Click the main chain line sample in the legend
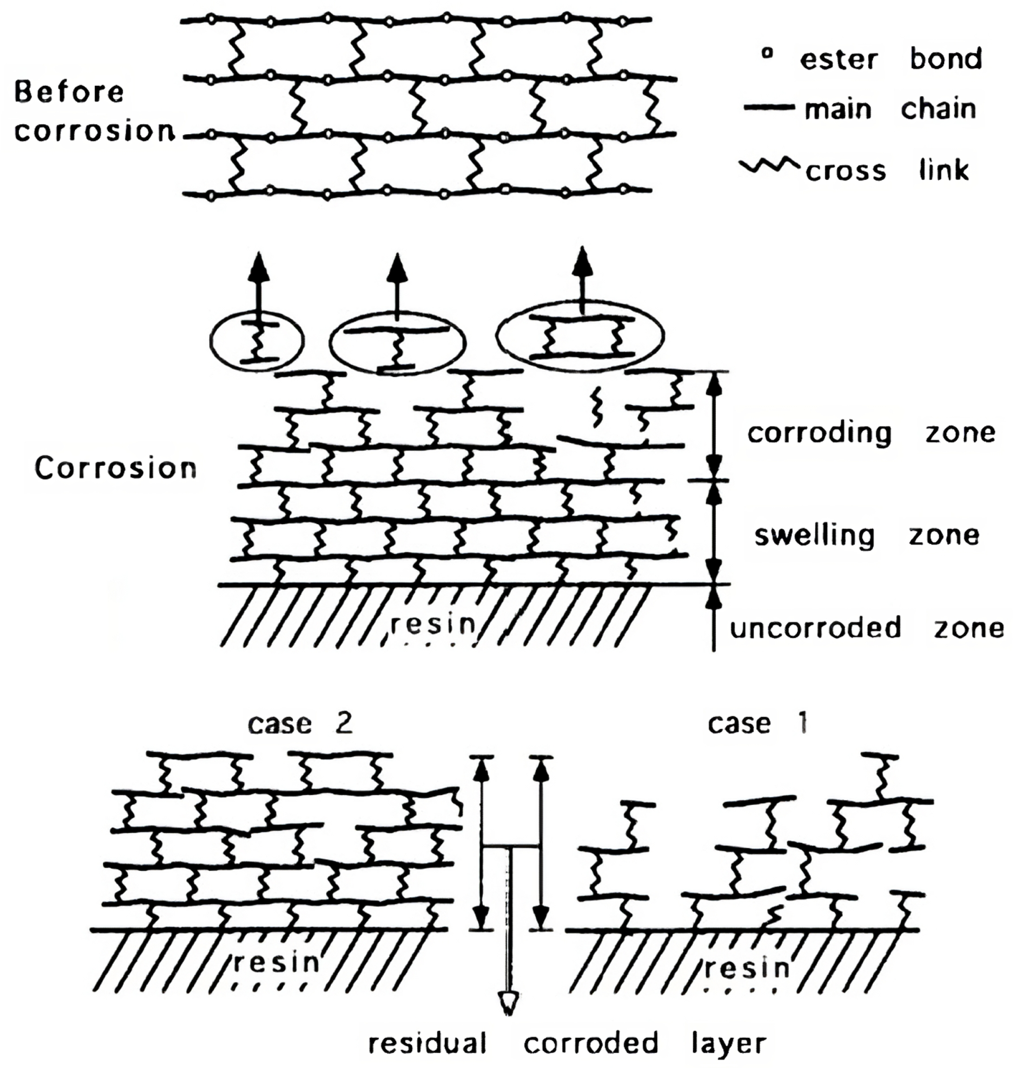(768, 108)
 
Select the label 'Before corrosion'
(94, 111)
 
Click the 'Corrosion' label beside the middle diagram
(116, 468)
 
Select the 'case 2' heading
(300, 723)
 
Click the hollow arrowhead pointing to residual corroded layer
(508, 1002)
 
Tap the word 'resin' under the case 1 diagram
(747, 968)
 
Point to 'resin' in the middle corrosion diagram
(433, 624)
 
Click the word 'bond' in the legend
(946, 58)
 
